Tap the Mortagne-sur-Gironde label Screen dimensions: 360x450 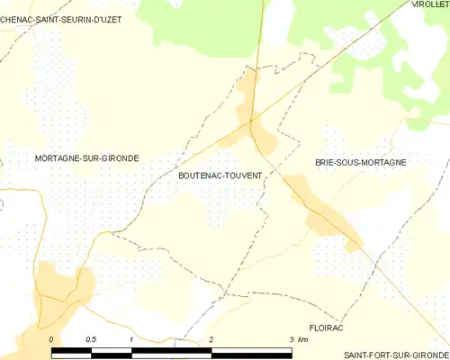click(86, 158)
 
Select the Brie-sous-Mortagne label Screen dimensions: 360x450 click(360, 162)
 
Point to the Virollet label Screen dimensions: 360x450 click(430, 4)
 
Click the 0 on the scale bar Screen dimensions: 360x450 click(52, 338)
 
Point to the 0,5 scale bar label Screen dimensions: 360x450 click(91, 338)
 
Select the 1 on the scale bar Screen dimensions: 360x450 click(131, 338)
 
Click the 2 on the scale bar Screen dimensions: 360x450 click(211, 338)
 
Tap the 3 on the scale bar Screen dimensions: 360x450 click(290, 338)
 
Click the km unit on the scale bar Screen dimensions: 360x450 click(303, 338)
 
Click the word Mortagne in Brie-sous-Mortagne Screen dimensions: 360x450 click(384, 162)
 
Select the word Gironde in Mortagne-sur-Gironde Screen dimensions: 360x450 click(120, 158)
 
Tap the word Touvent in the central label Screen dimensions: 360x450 click(241, 177)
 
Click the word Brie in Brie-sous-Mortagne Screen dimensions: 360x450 click(325, 162)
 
